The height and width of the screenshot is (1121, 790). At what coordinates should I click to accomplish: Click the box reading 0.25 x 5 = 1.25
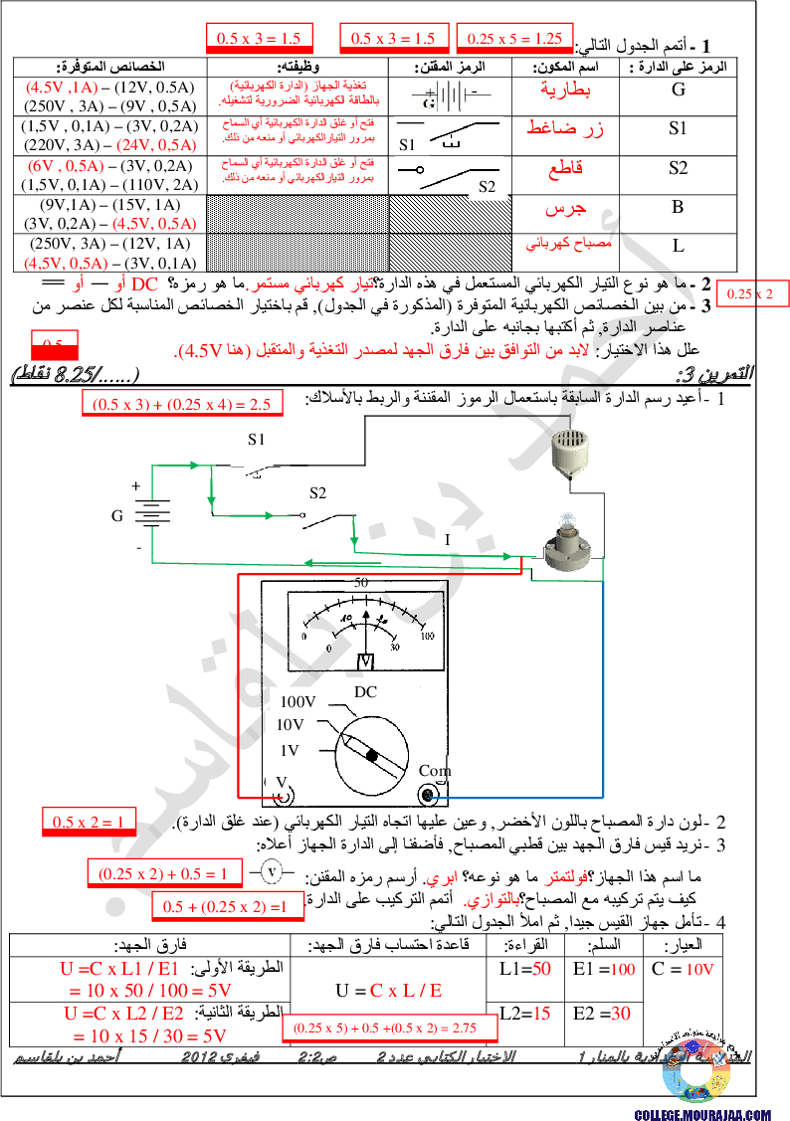[x=514, y=39]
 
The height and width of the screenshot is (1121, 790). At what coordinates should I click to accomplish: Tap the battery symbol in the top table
[x=450, y=95]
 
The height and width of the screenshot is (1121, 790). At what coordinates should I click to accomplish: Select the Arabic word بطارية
[x=565, y=90]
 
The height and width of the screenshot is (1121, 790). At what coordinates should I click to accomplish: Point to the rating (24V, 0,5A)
[x=156, y=145]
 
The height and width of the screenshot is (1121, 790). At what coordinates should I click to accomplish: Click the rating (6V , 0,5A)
[x=66, y=166]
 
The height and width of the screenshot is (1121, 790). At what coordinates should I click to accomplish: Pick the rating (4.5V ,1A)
[x=62, y=88]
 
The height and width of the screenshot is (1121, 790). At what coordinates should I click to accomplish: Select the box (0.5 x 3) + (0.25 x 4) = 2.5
[x=183, y=404]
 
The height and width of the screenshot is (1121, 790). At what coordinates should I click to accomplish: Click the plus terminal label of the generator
[x=135, y=486]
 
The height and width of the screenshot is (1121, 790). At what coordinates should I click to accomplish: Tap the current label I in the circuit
[x=448, y=540]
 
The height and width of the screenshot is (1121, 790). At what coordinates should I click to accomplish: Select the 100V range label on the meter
[x=297, y=702]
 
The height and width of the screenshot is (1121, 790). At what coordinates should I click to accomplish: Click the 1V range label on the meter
[x=290, y=750]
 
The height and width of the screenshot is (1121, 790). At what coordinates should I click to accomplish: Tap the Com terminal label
[x=435, y=770]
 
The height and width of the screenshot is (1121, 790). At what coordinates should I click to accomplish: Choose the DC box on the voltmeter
[x=366, y=691]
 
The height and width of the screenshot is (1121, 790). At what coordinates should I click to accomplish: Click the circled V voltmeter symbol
[x=270, y=871]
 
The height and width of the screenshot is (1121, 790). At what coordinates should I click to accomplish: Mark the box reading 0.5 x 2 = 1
[x=88, y=822]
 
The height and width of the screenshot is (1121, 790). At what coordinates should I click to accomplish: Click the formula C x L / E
[x=406, y=990]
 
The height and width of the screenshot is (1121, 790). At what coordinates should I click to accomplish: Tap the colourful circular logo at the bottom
[x=696, y=1070]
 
